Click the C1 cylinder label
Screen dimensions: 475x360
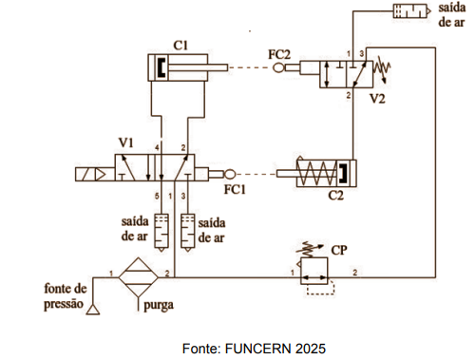click(x=180, y=46)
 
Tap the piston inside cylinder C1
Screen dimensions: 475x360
click(x=161, y=67)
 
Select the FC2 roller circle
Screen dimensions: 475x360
click(x=278, y=67)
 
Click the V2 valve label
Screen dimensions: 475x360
click(x=377, y=99)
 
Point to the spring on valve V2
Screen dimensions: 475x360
click(x=382, y=70)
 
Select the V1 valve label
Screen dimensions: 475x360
click(x=126, y=142)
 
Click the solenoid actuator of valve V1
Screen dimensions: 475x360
click(x=95, y=174)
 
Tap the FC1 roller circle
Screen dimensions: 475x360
click(x=230, y=174)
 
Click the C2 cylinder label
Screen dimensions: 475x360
click(x=335, y=196)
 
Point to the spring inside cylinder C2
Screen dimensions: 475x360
click(x=316, y=174)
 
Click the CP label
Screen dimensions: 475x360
click(x=339, y=250)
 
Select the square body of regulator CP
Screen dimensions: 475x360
click(x=314, y=271)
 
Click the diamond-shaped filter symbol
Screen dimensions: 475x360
click(x=139, y=277)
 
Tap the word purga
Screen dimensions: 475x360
click(x=159, y=306)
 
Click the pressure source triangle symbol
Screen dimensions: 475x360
click(x=93, y=310)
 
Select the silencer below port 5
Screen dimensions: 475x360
click(x=161, y=233)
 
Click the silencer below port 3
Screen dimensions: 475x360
click(x=188, y=233)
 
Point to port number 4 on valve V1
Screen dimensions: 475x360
click(x=157, y=147)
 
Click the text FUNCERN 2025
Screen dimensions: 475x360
click(x=275, y=349)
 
